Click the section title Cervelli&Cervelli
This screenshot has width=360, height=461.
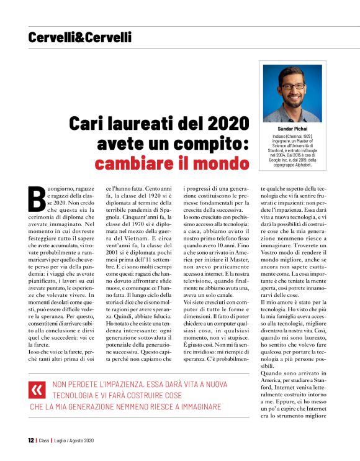point(79,38)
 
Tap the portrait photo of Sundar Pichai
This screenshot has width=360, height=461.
point(292,93)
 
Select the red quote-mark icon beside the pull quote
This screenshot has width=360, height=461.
point(38,389)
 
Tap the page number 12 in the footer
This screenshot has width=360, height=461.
point(30,440)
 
